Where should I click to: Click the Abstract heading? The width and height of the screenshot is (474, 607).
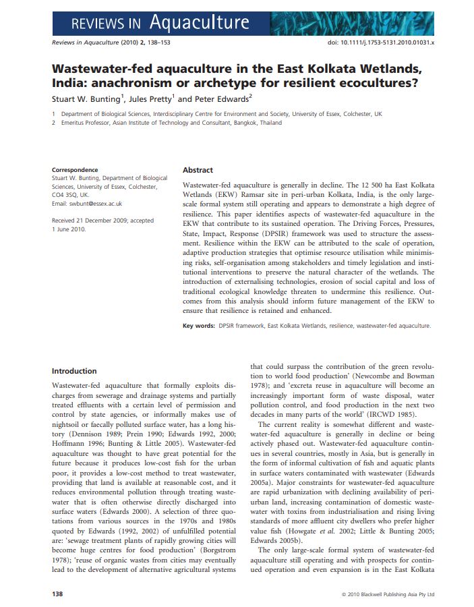[198, 171]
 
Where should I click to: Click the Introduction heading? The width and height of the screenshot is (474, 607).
[74, 371]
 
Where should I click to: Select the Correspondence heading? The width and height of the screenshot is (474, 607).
[75, 170]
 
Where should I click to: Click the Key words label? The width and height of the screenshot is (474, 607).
[198, 326]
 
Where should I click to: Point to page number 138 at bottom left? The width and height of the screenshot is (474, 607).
[58, 594]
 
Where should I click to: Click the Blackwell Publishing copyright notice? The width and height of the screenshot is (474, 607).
[388, 594]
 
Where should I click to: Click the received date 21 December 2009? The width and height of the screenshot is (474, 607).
[102, 221]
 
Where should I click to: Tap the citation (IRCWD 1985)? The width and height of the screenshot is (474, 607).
[407, 413]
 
